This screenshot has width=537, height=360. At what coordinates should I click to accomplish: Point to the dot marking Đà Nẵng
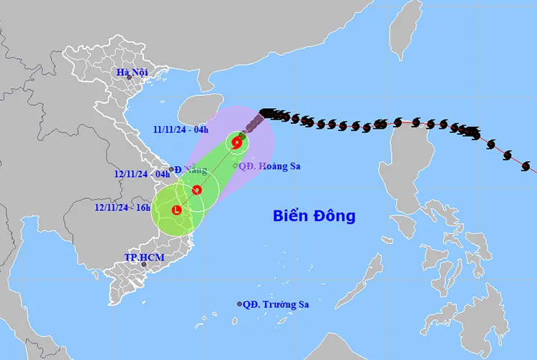[171, 170]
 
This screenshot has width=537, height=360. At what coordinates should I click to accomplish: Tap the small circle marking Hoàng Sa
[236, 166]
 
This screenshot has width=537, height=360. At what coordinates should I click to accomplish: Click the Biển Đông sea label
[314, 215]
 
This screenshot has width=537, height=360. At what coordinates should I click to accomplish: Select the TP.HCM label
[141, 256]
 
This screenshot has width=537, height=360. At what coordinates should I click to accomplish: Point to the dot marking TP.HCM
[144, 265]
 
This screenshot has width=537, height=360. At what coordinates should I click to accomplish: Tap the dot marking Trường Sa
[240, 304]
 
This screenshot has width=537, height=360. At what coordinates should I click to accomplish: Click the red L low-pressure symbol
[177, 210]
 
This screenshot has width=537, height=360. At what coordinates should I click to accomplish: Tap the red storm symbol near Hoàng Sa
[236, 142]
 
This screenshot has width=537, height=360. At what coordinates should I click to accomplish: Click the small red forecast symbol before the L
[197, 190]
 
